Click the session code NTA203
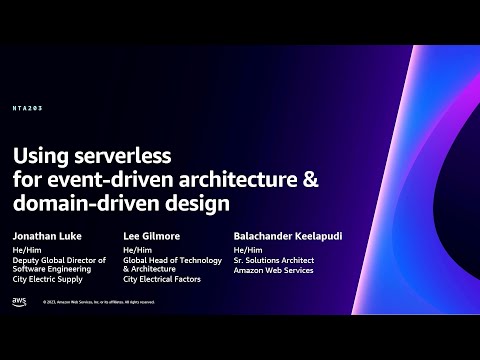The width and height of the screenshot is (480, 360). pyautogui.click(x=27, y=107)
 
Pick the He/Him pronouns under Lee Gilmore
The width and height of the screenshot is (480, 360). pyautogui.click(x=137, y=249)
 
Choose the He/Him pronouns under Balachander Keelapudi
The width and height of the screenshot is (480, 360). pyautogui.click(x=247, y=249)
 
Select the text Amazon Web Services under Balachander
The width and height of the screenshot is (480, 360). pyautogui.click(x=273, y=269)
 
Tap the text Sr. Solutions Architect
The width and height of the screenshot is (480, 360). pyautogui.click(x=274, y=259)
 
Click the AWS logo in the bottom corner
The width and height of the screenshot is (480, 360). pyautogui.click(x=20, y=301)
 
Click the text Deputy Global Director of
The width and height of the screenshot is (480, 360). pyautogui.click(x=59, y=259)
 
